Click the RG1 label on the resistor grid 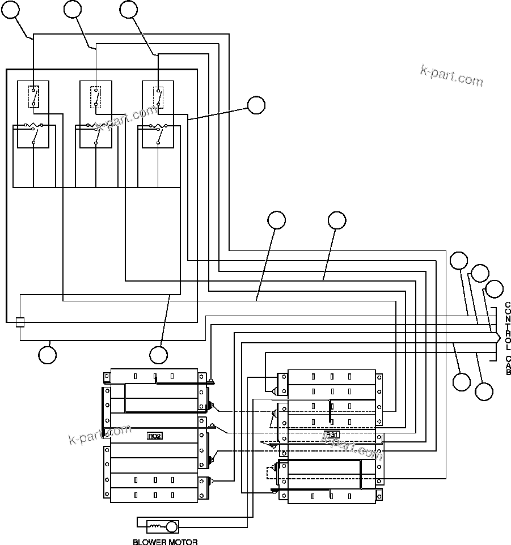[332, 435]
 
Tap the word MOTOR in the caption [184, 542]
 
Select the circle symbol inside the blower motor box [171, 527]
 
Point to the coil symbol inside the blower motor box [154, 527]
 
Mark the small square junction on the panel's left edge [20, 322]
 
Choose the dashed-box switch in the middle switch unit [96, 96]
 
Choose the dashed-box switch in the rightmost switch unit [158, 96]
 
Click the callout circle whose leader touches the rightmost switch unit [256, 105]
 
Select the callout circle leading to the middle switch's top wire [73, 9]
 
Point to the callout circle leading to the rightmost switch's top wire [129, 9]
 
